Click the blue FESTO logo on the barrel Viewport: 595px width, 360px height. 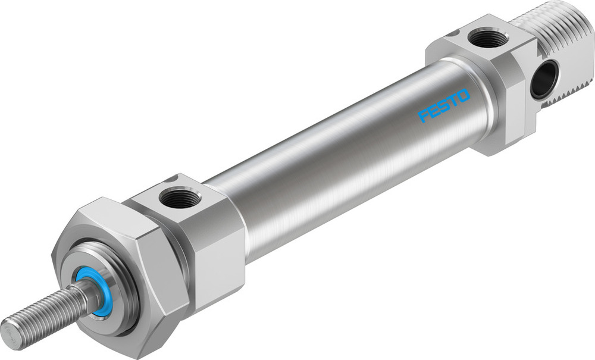[444, 105]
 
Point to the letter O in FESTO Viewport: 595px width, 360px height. [463, 95]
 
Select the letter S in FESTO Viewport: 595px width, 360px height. [444, 105]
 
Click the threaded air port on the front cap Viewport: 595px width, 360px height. [180, 198]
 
